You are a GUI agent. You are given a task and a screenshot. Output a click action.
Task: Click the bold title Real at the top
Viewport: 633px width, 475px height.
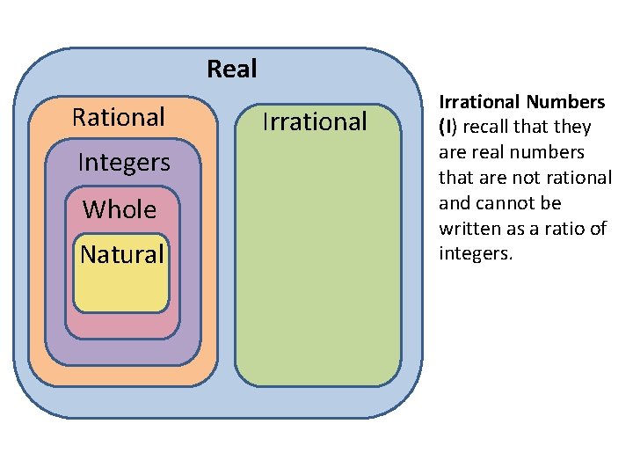coord(231,69)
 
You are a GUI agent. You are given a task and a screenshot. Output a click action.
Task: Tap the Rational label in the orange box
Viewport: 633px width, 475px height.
coord(119,117)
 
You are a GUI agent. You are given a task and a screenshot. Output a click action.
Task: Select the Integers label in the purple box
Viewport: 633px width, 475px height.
coord(124,163)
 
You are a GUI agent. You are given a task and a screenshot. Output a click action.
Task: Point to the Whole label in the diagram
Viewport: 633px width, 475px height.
coord(120,209)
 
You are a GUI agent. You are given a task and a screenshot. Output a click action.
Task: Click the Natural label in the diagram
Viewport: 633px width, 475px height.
coord(122,255)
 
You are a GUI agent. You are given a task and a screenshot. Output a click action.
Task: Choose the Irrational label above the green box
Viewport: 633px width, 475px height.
coord(315,121)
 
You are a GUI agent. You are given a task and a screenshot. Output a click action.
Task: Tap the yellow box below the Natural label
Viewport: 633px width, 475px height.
coord(120,290)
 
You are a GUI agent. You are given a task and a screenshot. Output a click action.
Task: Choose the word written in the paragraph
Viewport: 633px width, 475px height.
coord(470,230)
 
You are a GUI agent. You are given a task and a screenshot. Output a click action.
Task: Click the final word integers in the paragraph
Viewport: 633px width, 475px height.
coord(474,255)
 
